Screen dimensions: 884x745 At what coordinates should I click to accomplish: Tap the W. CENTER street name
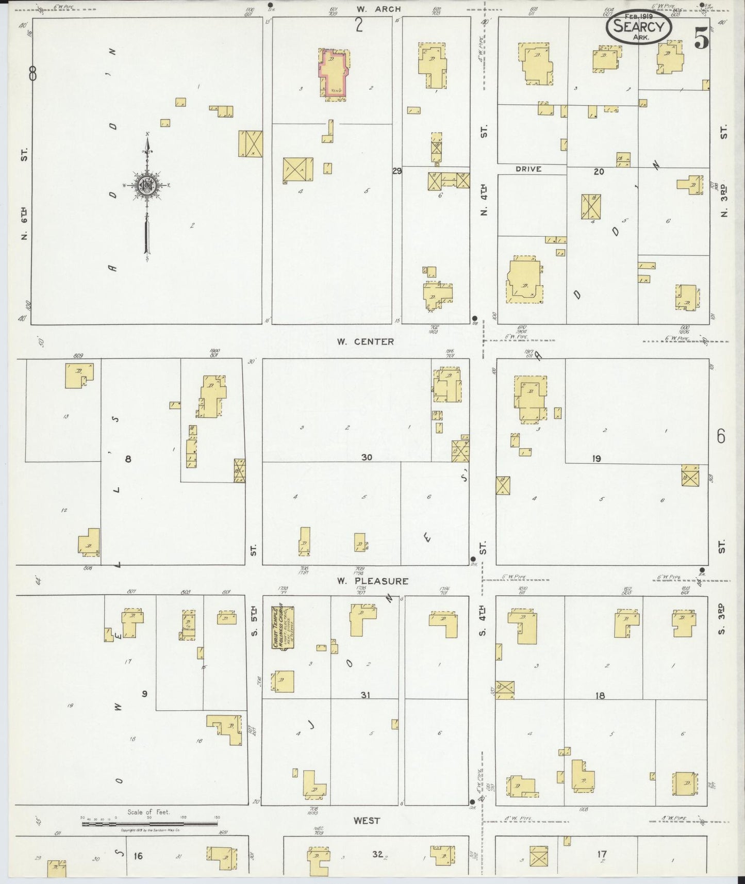tap(366, 341)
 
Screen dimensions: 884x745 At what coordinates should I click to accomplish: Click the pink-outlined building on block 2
tap(334, 74)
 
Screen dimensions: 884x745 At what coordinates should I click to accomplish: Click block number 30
tap(366, 457)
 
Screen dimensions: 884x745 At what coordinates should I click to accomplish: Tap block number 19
tap(597, 457)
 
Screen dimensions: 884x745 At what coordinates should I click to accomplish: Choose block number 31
tap(365, 695)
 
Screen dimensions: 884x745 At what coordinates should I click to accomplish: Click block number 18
tap(600, 696)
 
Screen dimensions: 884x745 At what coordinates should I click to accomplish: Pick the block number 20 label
tap(598, 172)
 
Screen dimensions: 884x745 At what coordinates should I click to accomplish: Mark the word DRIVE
tap(528, 169)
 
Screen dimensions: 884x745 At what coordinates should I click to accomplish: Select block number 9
tap(145, 694)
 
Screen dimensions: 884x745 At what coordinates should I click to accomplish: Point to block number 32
tap(377, 855)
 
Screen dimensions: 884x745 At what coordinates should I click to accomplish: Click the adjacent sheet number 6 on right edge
tap(720, 436)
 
